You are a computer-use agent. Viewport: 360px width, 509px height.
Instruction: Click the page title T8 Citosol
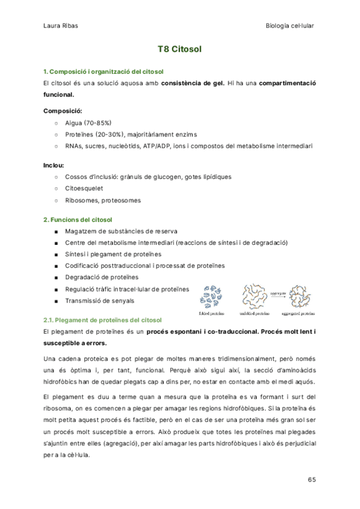coord(179,49)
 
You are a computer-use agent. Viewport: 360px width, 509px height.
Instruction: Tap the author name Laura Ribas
coord(60,25)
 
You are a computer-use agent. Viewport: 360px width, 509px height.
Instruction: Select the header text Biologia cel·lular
coord(290,25)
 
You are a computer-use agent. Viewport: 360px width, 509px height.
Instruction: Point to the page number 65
coord(311,480)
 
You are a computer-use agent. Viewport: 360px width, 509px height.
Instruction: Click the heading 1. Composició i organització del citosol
coord(100,72)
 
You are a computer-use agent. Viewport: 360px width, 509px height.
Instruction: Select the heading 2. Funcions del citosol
coord(78,220)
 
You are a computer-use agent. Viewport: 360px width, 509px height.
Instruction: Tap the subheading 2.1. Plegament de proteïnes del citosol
coord(103,321)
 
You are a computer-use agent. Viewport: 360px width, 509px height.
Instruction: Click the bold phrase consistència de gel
coord(193,83)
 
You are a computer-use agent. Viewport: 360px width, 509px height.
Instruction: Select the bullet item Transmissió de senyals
coord(100,300)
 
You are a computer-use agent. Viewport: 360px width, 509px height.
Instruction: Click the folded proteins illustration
coord(214,295)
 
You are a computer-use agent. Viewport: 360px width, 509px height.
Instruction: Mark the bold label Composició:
coord(63,111)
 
